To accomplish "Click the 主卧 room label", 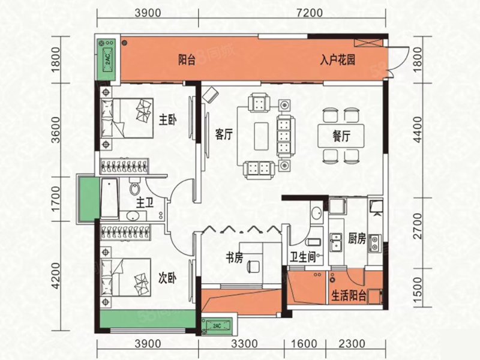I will tap(168, 121).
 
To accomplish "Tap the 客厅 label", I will tap(223, 135).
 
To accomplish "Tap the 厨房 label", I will tap(357, 238).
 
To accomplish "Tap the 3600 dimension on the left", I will tap(56, 132).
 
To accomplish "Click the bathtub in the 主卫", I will tap(109, 198).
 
